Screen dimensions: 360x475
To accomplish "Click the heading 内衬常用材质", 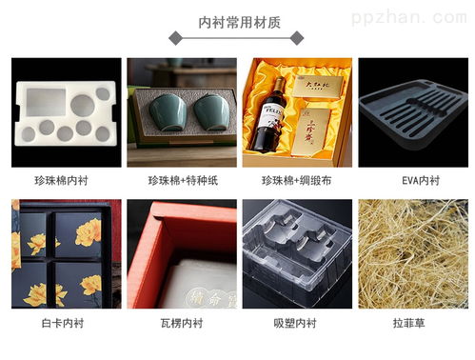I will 238,22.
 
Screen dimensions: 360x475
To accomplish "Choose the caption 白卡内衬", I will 67,323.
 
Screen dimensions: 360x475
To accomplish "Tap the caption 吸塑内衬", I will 297,323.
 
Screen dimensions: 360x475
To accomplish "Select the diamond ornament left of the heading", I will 175,37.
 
